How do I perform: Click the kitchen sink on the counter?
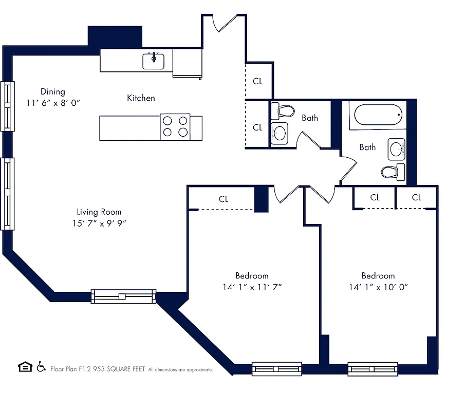point(154,61)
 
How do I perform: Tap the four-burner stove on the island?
point(175,127)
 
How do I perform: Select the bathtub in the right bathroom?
point(377,115)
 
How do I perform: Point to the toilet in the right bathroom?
point(393,171)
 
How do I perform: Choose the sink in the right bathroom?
point(397,149)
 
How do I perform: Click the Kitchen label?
point(141,98)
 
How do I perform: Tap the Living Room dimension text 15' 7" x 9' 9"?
point(99,223)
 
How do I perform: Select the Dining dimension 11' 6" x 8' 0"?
point(53,103)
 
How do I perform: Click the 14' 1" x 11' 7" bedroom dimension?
point(252,287)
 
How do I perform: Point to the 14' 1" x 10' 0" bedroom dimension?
point(378,287)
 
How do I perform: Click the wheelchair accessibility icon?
point(41,367)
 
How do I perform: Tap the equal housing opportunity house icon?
point(24,367)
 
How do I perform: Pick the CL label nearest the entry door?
point(257,81)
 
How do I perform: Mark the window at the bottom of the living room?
point(123,296)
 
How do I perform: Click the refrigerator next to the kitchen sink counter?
point(187,63)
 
